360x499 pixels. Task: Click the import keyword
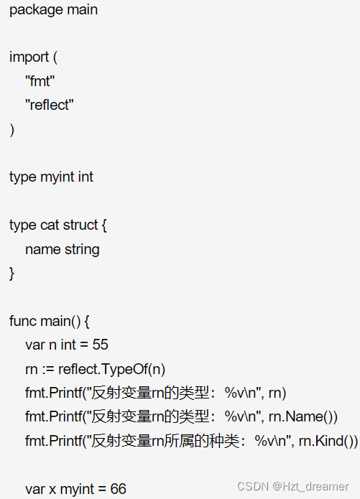tap(29, 57)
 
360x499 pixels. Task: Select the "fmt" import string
tap(40, 81)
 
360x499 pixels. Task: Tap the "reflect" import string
tap(50, 105)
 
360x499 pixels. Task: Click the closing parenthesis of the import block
tap(12, 129)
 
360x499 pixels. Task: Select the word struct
tap(80, 225)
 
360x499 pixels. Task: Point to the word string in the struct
tap(82, 250)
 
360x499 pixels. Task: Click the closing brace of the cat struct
tap(11, 274)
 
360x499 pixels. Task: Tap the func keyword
tap(22, 321)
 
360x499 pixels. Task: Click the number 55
tap(101, 345)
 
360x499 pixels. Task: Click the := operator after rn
tap(48, 370)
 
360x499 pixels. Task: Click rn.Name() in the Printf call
tap(303, 417)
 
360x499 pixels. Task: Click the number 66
tap(118, 489)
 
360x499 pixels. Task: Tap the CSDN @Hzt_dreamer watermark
tap(293, 487)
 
